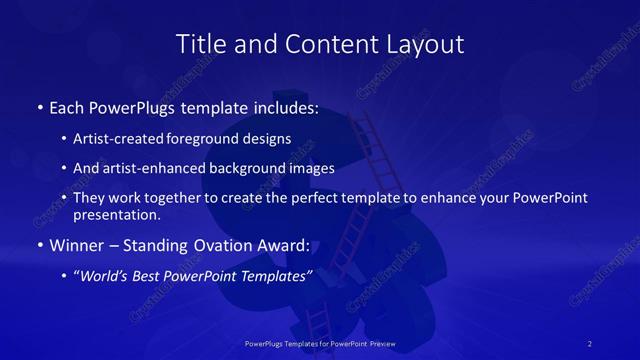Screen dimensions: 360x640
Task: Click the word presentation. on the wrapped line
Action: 117,214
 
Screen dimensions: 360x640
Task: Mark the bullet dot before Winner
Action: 39,245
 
